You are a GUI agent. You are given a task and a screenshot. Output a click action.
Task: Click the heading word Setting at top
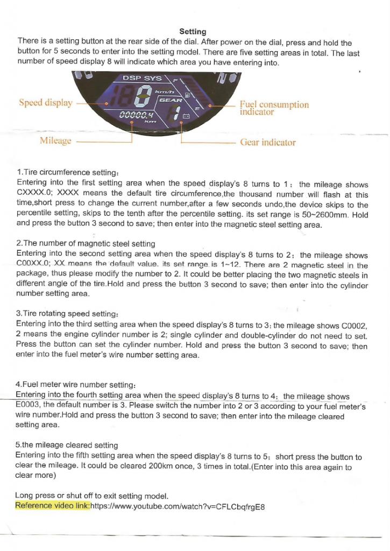point(193,32)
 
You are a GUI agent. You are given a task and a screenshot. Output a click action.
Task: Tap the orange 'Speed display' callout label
point(46,103)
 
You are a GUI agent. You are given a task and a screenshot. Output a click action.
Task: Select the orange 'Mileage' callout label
point(55,141)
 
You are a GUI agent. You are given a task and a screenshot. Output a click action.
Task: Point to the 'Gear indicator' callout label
point(267,143)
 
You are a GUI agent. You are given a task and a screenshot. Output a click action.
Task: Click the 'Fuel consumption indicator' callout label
point(274,108)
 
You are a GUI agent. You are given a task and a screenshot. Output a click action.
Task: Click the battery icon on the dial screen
point(187,116)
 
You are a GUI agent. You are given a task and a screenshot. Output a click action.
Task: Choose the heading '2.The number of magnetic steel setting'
point(86,244)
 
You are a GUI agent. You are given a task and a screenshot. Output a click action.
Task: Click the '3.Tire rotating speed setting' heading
point(67,313)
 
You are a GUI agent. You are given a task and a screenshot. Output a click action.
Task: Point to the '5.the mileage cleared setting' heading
point(67,445)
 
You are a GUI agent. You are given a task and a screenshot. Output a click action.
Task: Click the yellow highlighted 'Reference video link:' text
point(52,506)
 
